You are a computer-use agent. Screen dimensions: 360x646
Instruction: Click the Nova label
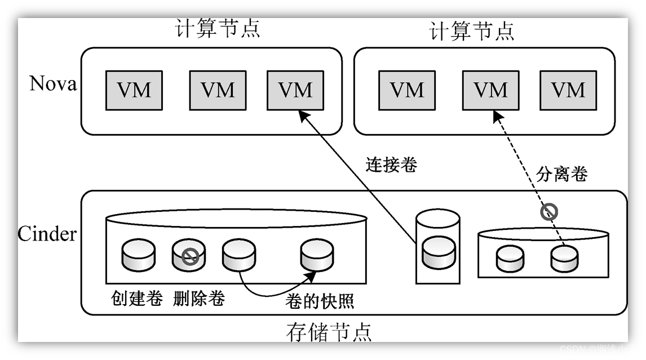[x=52, y=83]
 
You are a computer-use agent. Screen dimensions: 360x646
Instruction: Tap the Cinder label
[x=47, y=233]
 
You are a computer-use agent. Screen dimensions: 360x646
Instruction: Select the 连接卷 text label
[x=391, y=165]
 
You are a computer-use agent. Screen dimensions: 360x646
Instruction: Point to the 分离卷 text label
[x=562, y=174]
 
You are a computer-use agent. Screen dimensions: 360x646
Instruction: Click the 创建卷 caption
[x=137, y=297]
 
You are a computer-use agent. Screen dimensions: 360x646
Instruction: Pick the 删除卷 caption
[x=199, y=297]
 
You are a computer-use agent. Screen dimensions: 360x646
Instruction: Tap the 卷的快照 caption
[x=320, y=301]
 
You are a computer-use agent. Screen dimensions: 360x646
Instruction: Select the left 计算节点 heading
[x=218, y=28]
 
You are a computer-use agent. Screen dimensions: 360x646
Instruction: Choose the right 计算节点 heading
[x=472, y=30]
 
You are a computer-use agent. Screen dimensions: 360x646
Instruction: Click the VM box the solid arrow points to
[x=295, y=90]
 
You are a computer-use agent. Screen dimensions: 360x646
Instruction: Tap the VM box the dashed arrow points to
[x=490, y=90]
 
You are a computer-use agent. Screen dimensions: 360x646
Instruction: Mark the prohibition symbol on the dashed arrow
[x=549, y=212]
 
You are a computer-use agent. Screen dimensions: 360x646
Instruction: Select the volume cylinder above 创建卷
[x=138, y=255]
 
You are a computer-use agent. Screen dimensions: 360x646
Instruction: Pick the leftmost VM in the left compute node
[x=134, y=90]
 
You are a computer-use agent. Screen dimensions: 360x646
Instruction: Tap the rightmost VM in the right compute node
[x=568, y=90]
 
